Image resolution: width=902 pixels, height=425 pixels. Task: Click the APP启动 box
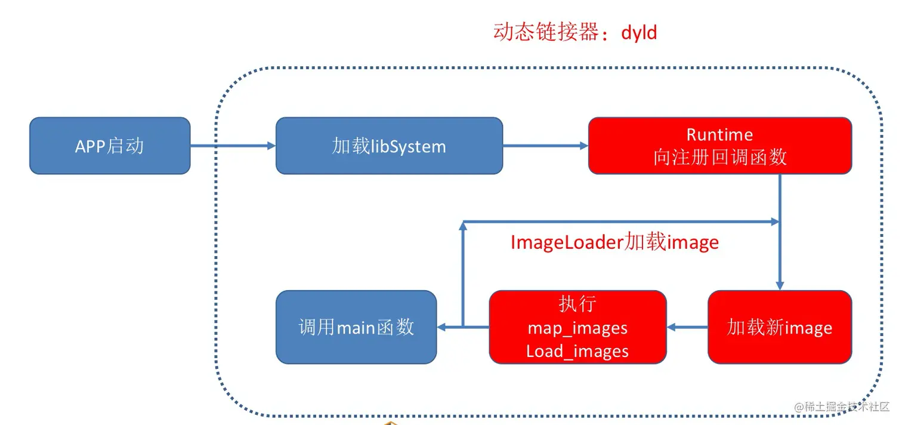[x=110, y=146]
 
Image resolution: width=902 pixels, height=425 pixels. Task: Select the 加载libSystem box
[x=389, y=146]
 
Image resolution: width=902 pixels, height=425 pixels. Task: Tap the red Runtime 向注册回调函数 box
[x=719, y=146]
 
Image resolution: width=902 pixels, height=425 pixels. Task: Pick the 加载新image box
[x=779, y=327]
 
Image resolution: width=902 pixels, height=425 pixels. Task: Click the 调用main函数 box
[x=356, y=327]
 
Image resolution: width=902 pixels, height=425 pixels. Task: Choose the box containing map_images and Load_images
[x=577, y=327]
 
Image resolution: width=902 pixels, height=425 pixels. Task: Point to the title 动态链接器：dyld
[x=575, y=32]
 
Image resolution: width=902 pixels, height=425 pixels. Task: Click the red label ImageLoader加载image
[x=614, y=242]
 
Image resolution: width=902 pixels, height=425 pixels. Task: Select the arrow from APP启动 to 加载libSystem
[x=233, y=145]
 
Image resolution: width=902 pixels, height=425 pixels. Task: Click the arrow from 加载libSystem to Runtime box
[x=545, y=145]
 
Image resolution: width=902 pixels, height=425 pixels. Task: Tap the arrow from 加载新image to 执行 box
[x=687, y=327]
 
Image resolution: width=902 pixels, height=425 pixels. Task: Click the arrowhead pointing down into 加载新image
[x=779, y=285]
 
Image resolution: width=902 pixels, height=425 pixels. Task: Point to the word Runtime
[x=719, y=134]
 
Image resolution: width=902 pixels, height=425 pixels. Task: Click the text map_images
[x=577, y=328]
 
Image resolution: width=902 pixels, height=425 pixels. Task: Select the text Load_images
[x=577, y=351]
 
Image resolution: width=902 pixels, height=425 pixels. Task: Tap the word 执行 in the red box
[x=577, y=304]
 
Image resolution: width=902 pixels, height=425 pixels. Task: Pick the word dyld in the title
[x=639, y=32]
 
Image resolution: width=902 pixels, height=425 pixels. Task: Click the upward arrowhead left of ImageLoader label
[x=464, y=227]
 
